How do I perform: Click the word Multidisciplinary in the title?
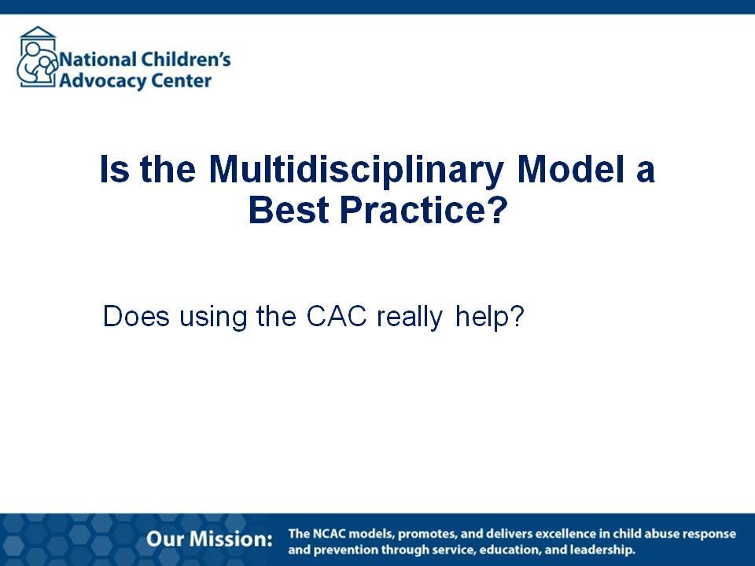pos(356,170)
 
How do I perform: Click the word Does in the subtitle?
pos(136,316)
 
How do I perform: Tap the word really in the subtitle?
pos(409,318)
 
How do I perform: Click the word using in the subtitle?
pos(213,318)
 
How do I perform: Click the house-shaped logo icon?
pos(37,57)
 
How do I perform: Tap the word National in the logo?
pos(98,60)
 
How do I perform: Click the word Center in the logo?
pos(175,80)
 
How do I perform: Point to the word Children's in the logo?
pos(186,59)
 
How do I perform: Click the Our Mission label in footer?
pos(209,539)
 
